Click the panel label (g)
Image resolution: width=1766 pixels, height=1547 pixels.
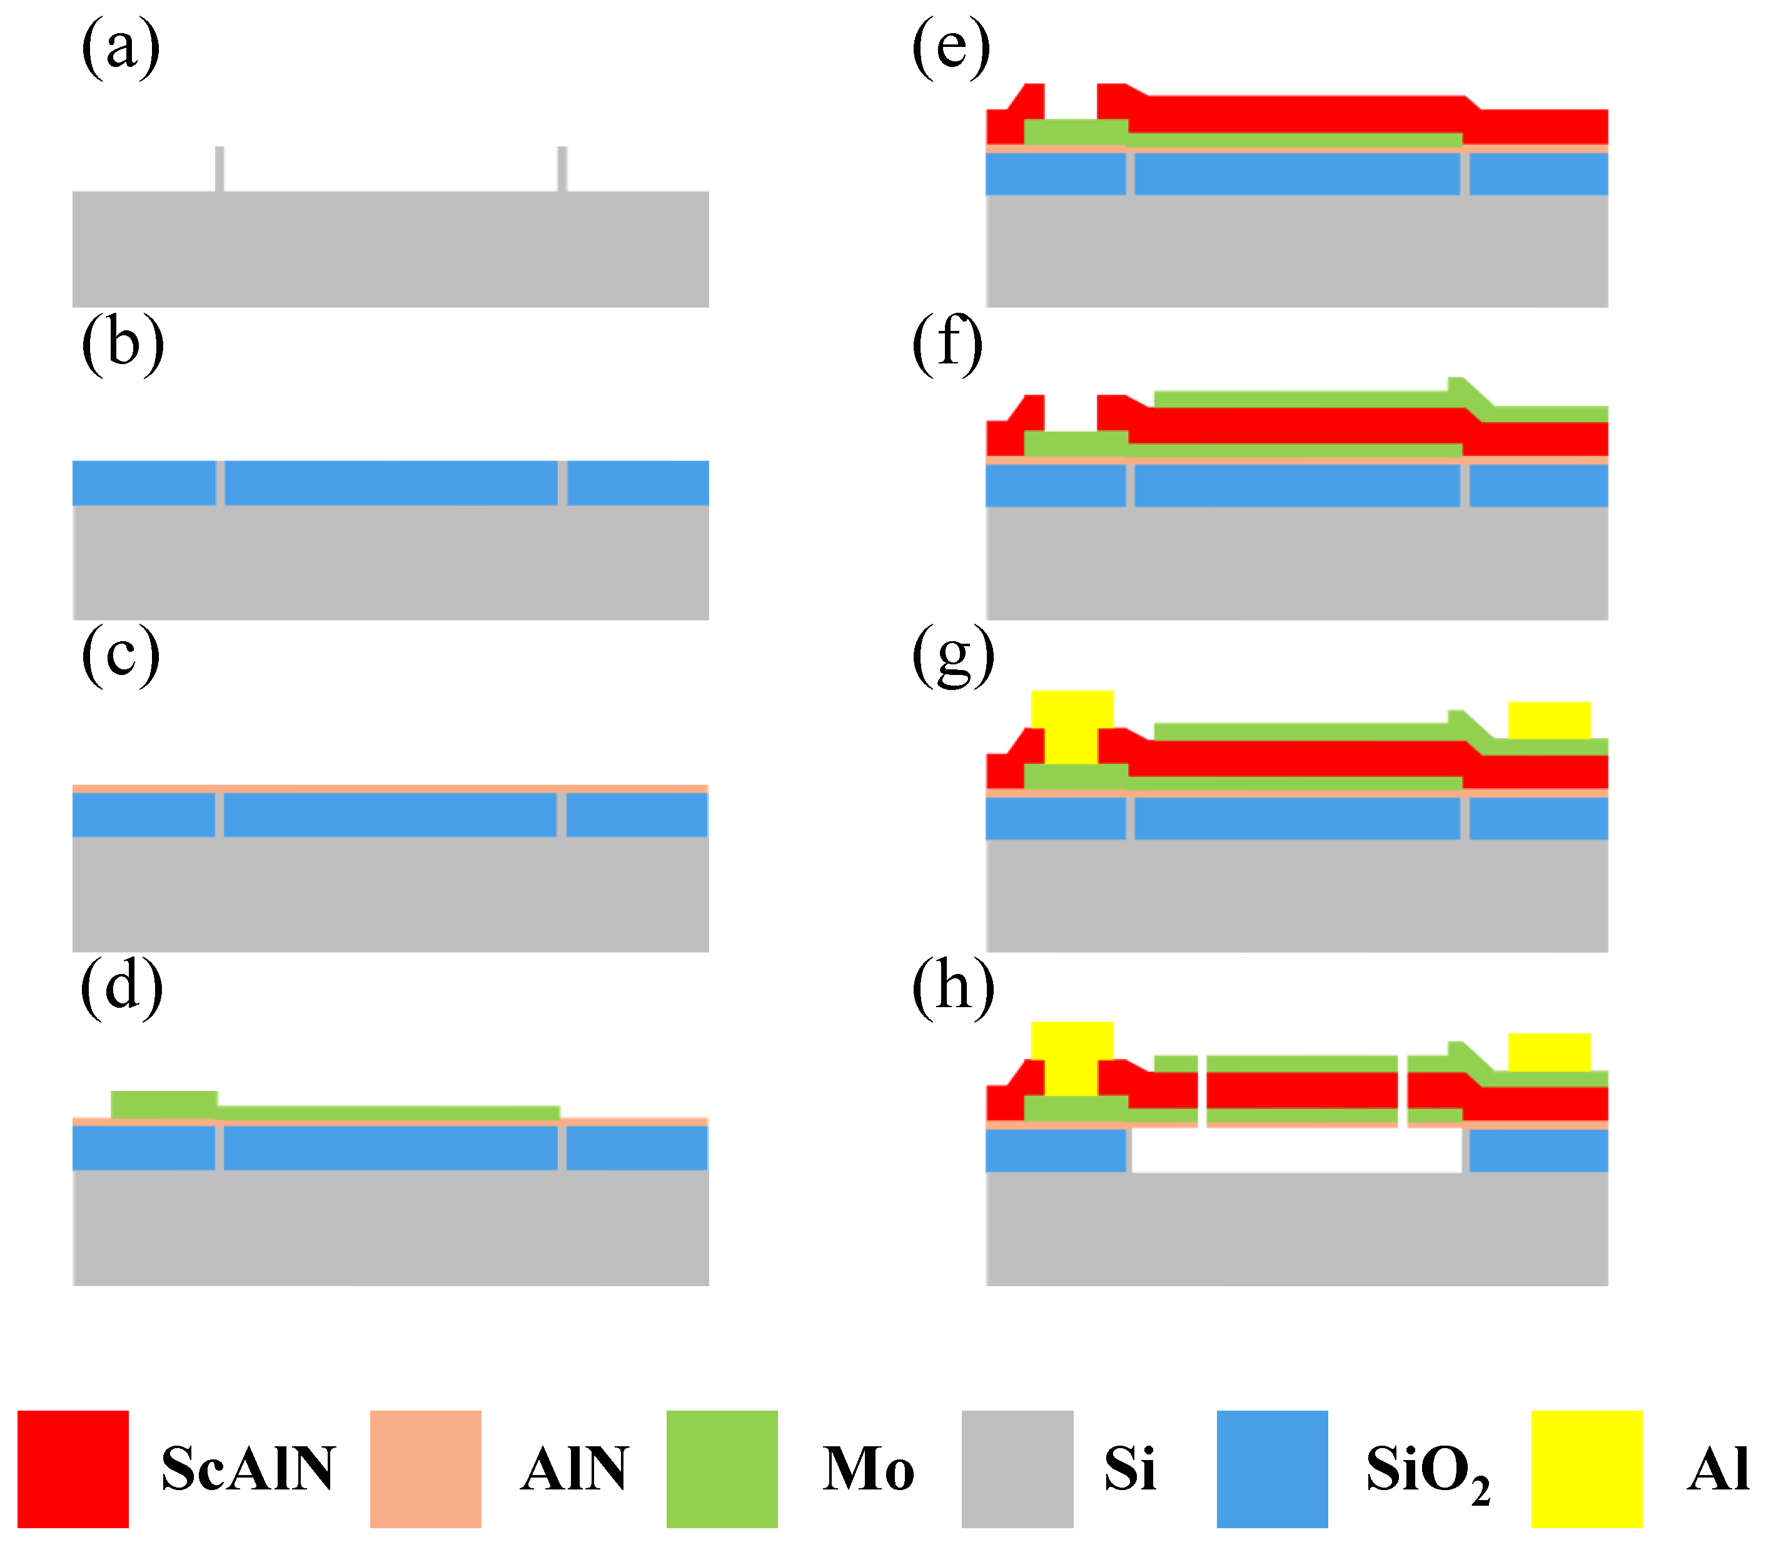(953, 658)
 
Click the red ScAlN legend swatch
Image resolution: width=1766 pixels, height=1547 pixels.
(73, 1469)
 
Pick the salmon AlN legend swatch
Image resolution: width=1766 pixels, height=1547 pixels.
(425, 1469)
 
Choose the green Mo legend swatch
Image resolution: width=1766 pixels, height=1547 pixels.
(722, 1469)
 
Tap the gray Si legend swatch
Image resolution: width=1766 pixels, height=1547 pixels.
(1017, 1469)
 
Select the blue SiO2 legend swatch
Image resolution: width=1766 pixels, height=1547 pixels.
(1272, 1469)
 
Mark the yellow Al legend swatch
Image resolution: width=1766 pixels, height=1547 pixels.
(1587, 1469)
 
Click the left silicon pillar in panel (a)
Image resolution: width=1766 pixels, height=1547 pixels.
(220, 168)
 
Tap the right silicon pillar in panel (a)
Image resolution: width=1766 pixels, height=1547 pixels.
(563, 168)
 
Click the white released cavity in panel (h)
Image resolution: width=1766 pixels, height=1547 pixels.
(1296, 1151)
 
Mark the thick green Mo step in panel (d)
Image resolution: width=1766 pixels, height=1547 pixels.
(164, 1104)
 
